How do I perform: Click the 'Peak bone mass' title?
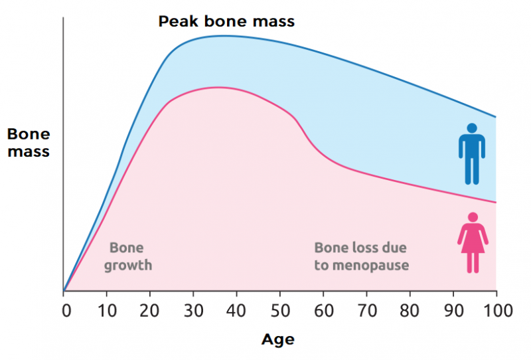(x=226, y=21)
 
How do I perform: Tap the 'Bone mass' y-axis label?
(x=28, y=143)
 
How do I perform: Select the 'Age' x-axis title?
(x=277, y=339)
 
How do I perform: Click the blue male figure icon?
(x=472, y=154)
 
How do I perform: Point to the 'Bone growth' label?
(x=131, y=256)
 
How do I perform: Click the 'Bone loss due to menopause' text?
(x=361, y=256)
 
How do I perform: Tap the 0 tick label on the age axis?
(x=65, y=311)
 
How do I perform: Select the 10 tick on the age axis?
(x=106, y=311)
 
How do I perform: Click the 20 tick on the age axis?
(x=150, y=311)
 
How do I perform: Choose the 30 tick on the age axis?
(x=193, y=311)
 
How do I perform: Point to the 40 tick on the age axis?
(x=236, y=311)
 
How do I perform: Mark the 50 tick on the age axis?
(x=279, y=311)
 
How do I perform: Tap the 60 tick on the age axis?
(x=323, y=311)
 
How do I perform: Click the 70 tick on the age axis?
(x=366, y=311)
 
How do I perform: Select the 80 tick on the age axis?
(x=410, y=311)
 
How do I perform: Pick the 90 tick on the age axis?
(x=453, y=311)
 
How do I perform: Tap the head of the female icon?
(x=473, y=217)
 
